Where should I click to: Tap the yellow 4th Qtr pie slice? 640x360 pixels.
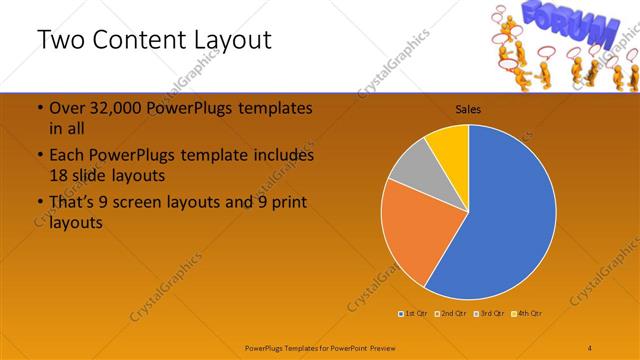(x=448, y=143)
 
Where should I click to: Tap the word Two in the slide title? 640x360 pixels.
(x=62, y=41)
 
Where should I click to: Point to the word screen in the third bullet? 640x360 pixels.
(x=149, y=204)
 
